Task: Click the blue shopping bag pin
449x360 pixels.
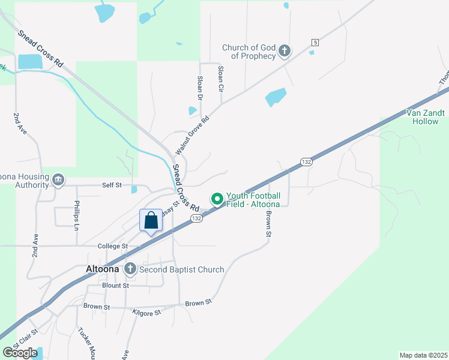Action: click(x=151, y=220)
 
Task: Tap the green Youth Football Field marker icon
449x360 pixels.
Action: click(x=216, y=198)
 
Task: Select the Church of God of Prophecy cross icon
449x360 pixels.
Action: click(x=285, y=52)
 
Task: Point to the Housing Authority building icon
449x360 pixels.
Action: click(x=58, y=180)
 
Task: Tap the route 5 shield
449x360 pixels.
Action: click(x=315, y=42)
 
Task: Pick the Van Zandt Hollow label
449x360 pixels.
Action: click(x=425, y=116)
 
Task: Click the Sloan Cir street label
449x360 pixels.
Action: click(x=221, y=78)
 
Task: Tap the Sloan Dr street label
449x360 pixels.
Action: click(x=200, y=88)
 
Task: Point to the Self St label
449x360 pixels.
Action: click(x=112, y=186)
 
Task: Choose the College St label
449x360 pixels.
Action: click(x=113, y=246)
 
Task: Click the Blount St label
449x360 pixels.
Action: click(x=115, y=286)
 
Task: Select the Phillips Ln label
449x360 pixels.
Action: click(x=77, y=215)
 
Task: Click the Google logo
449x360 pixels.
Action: click(x=20, y=353)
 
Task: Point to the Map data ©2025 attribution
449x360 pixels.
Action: click(x=423, y=355)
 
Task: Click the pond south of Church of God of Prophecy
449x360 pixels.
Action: click(x=276, y=97)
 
